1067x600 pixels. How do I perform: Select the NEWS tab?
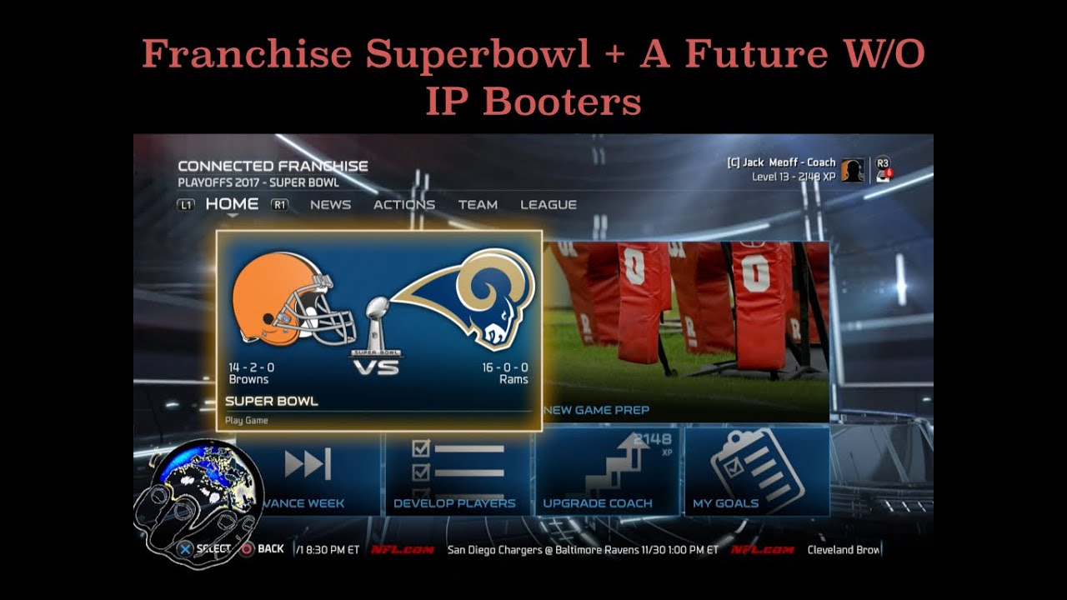(x=330, y=204)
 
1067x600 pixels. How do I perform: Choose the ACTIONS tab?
(x=404, y=204)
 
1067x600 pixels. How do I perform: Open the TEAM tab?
(x=478, y=204)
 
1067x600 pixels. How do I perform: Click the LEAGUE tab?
(x=549, y=204)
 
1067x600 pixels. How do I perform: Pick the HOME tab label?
(x=232, y=203)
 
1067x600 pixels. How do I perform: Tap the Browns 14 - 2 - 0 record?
(x=252, y=367)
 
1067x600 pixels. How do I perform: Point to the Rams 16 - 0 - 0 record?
(x=504, y=367)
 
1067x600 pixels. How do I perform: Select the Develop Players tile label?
(x=454, y=503)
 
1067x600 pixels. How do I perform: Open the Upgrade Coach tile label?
(x=598, y=503)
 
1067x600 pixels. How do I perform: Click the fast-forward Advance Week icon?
(x=308, y=464)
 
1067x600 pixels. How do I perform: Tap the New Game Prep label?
(x=596, y=410)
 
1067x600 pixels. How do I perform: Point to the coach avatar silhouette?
(x=851, y=170)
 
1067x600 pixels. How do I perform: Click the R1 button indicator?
(x=280, y=204)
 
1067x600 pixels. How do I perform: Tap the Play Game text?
(x=247, y=421)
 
